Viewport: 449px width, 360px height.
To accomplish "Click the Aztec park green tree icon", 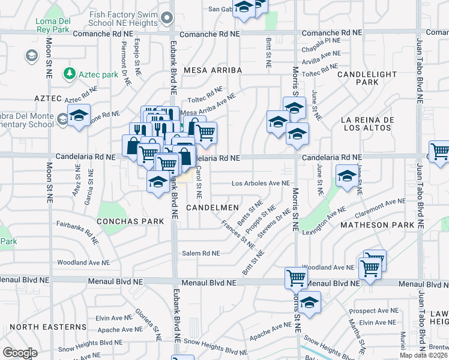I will pyautogui.click(x=71, y=73).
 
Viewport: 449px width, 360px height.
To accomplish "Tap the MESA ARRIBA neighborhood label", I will pyautogui.click(x=217, y=70).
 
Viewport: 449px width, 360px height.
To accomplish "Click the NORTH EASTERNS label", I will pyautogui.click(x=48, y=326).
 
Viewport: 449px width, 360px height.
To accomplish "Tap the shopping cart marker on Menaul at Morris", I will pyautogui.click(x=297, y=278).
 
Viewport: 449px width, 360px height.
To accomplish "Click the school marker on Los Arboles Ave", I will pyautogui.click(x=346, y=176).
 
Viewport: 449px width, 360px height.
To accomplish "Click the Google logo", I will pyautogui.click(x=20, y=353).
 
